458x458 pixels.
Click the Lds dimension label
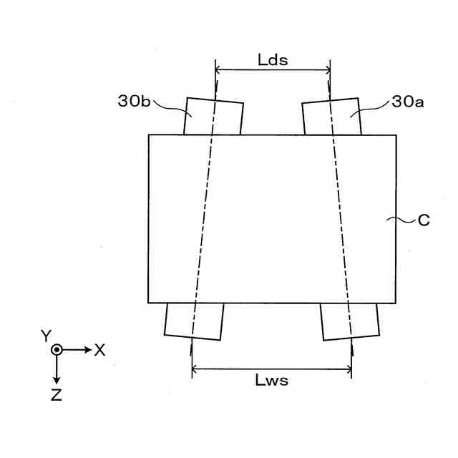(x=273, y=60)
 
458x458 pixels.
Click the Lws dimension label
(x=272, y=381)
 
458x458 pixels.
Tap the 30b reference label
(x=134, y=102)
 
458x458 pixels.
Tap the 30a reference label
(x=407, y=102)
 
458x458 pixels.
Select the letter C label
(x=424, y=221)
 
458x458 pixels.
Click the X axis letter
(x=100, y=350)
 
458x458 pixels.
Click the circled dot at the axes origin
(x=57, y=350)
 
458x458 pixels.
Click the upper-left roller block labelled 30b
(x=214, y=116)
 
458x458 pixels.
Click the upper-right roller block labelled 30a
(x=331, y=116)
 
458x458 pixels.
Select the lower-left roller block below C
(x=194, y=321)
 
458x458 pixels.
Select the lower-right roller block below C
(x=350, y=321)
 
